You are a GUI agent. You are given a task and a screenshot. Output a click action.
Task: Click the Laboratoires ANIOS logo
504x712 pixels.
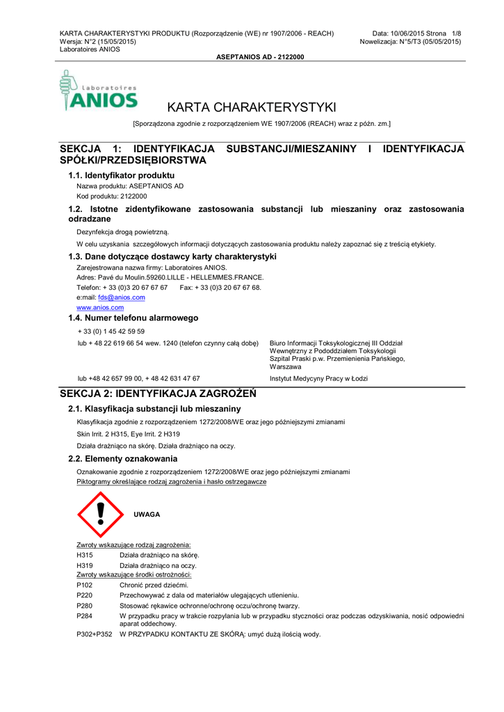[99, 90]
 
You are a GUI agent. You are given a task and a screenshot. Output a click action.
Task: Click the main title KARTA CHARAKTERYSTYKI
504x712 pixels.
[252, 107]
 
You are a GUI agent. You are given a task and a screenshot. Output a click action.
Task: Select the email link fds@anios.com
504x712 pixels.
[122, 297]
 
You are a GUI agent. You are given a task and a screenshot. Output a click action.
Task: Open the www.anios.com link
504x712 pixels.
[100, 307]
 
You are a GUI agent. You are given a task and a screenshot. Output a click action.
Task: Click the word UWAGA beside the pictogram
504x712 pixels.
[147, 515]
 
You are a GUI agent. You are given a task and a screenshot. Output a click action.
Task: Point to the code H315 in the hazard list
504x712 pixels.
[84, 555]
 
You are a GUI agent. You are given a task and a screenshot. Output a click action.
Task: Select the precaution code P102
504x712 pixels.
[84, 585]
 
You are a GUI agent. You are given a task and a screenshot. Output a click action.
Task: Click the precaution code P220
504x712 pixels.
[84, 595]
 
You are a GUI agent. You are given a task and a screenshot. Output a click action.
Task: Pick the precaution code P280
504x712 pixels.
[84, 606]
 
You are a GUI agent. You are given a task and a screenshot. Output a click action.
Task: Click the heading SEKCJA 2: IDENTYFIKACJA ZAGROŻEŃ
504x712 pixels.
[158, 394]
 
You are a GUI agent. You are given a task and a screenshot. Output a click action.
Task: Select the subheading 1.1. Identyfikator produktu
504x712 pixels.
[121, 175]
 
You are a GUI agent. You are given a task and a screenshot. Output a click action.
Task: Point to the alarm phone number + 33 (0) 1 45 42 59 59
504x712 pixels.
[111, 331]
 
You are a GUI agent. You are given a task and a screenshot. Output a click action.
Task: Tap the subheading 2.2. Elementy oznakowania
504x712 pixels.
[122, 459]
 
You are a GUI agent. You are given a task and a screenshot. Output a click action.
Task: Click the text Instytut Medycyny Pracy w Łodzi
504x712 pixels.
[318, 378]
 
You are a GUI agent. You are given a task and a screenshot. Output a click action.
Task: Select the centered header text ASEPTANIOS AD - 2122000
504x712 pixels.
[261, 57]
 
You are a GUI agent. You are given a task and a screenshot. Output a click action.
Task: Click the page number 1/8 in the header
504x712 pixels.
[456, 33]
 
